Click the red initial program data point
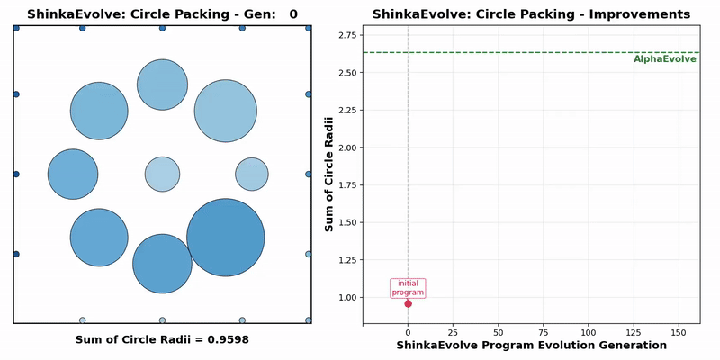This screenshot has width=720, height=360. click(408, 303)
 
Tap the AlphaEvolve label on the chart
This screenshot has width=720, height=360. click(664, 59)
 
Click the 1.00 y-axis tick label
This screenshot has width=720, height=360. click(346, 297)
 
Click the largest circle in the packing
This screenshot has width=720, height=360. click(226, 237)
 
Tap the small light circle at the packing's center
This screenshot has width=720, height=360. click(163, 174)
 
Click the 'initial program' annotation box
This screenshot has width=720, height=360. click(408, 287)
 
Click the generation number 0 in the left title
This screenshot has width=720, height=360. click(293, 14)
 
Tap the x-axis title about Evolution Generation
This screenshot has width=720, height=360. click(531, 345)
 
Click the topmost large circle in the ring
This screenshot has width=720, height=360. click(162, 85)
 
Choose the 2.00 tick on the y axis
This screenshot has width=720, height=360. click(346, 147)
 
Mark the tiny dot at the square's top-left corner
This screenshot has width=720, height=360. click(16, 28)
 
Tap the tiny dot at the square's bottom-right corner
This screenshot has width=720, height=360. click(309, 320)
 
